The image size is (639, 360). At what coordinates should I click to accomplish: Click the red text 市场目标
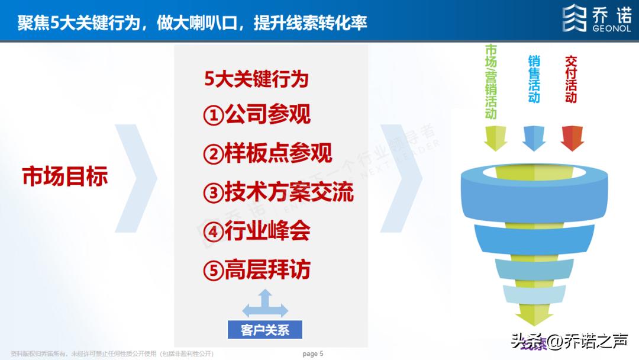tap(65, 176)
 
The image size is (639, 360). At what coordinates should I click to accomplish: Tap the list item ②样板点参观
tap(267, 153)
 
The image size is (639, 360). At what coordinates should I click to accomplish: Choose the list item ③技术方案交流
tap(278, 192)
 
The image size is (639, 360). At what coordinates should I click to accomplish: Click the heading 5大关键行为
tap(257, 79)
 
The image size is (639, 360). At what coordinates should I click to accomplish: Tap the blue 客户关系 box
tap(265, 330)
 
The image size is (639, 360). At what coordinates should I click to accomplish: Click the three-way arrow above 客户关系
tap(265, 304)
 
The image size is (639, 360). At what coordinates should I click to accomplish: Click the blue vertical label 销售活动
tap(534, 79)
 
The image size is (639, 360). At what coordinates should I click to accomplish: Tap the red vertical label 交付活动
tap(570, 79)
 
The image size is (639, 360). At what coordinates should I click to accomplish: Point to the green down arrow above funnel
tap(496, 138)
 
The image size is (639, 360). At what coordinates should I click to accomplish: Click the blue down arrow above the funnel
tap(534, 138)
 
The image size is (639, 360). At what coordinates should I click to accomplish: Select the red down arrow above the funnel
tap(572, 138)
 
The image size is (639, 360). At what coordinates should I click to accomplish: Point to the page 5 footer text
tap(313, 354)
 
